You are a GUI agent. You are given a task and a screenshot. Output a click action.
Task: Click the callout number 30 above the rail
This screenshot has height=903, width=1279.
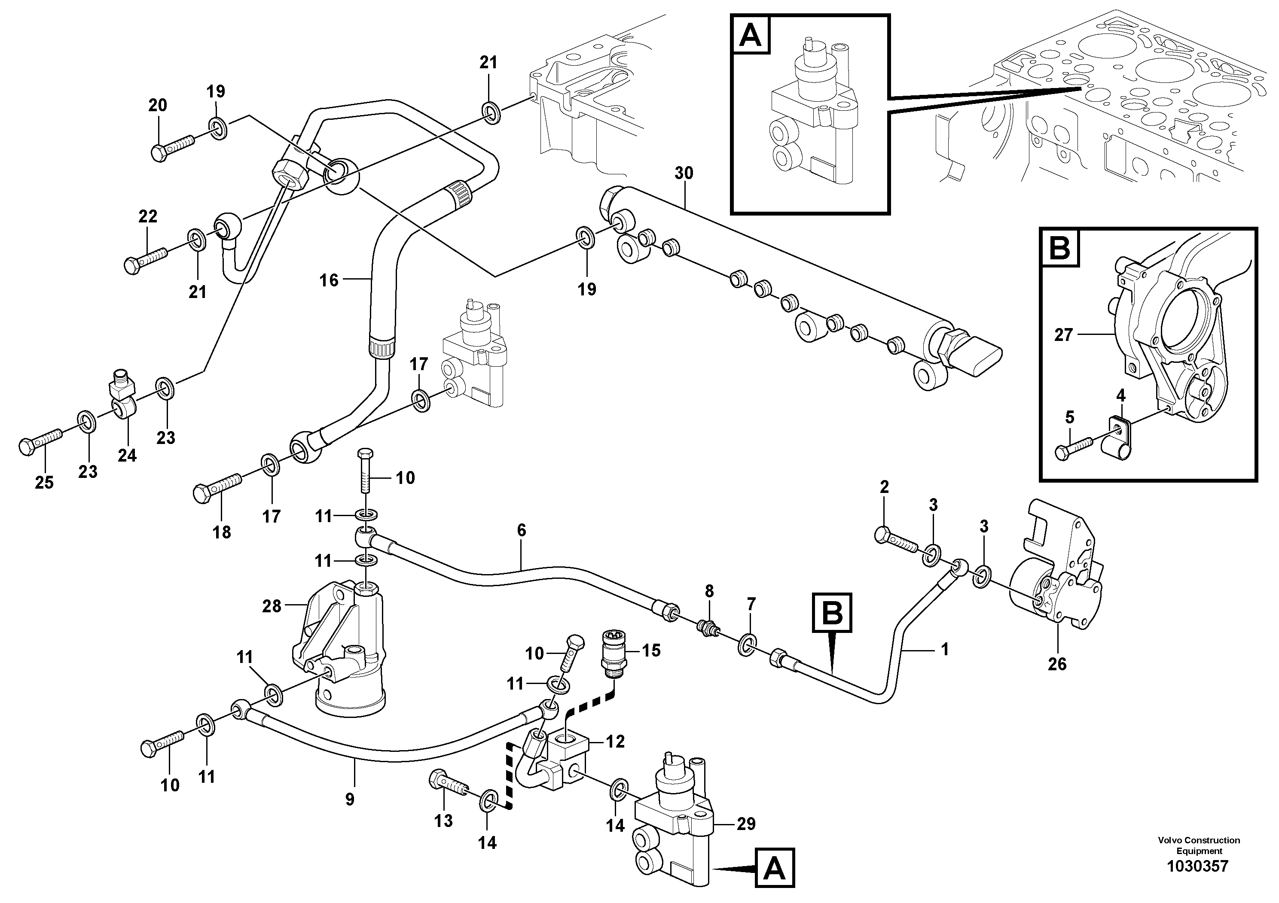tap(684, 173)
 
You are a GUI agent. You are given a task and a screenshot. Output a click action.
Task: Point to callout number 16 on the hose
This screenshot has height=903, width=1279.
tap(329, 280)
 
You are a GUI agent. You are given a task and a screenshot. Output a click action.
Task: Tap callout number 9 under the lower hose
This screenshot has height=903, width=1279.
tap(349, 800)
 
